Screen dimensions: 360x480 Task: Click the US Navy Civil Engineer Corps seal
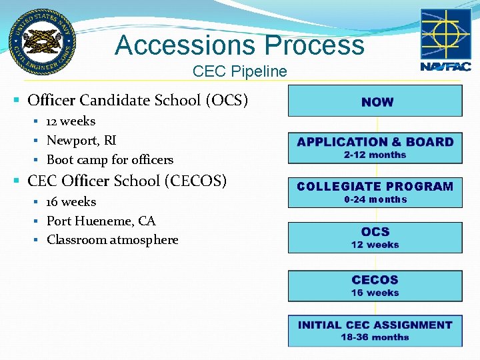[42, 41]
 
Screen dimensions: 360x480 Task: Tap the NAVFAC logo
[445, 40]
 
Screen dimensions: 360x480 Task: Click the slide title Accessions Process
[239, 45]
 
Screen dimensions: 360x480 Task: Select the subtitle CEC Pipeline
[239, 71]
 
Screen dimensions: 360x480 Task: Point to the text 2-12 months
[375, 155]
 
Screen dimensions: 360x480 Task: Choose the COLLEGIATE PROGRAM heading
[375, 187]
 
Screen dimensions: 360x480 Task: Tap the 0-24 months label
[375, 200]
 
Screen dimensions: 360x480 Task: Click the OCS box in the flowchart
[375, 237]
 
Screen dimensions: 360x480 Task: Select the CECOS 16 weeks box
[375, 285]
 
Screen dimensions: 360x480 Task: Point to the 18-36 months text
[375, 337]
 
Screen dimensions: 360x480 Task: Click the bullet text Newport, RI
[81, 141]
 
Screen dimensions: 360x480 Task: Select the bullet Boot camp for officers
[109, 160]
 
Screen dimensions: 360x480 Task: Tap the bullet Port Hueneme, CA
[101, 221]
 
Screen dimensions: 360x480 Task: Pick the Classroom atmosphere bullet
[112, 240]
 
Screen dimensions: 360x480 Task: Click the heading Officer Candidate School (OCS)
[137, 101]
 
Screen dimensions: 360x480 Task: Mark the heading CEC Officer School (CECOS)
[127, 181]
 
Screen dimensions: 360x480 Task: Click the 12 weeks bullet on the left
[70, 121]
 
